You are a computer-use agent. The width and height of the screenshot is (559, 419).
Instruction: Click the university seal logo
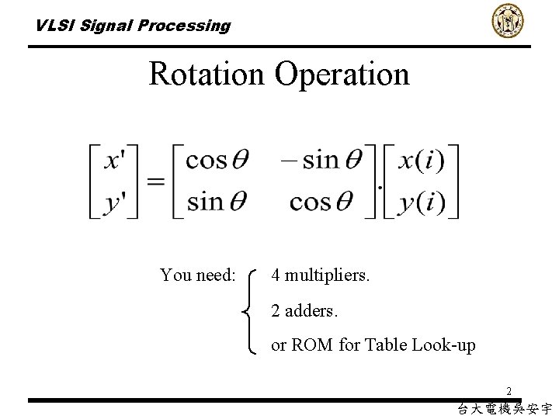[x=508, y=21]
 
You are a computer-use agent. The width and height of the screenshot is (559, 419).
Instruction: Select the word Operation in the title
[x=342, y=74]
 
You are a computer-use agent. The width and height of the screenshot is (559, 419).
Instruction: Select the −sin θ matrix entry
[x=321, y=160]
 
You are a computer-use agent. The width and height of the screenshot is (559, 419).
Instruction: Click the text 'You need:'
[x=197, y=275]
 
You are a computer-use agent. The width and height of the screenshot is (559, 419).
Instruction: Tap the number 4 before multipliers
[x=276, y=275]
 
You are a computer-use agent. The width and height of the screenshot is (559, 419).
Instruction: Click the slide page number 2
[x=509, y=391]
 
